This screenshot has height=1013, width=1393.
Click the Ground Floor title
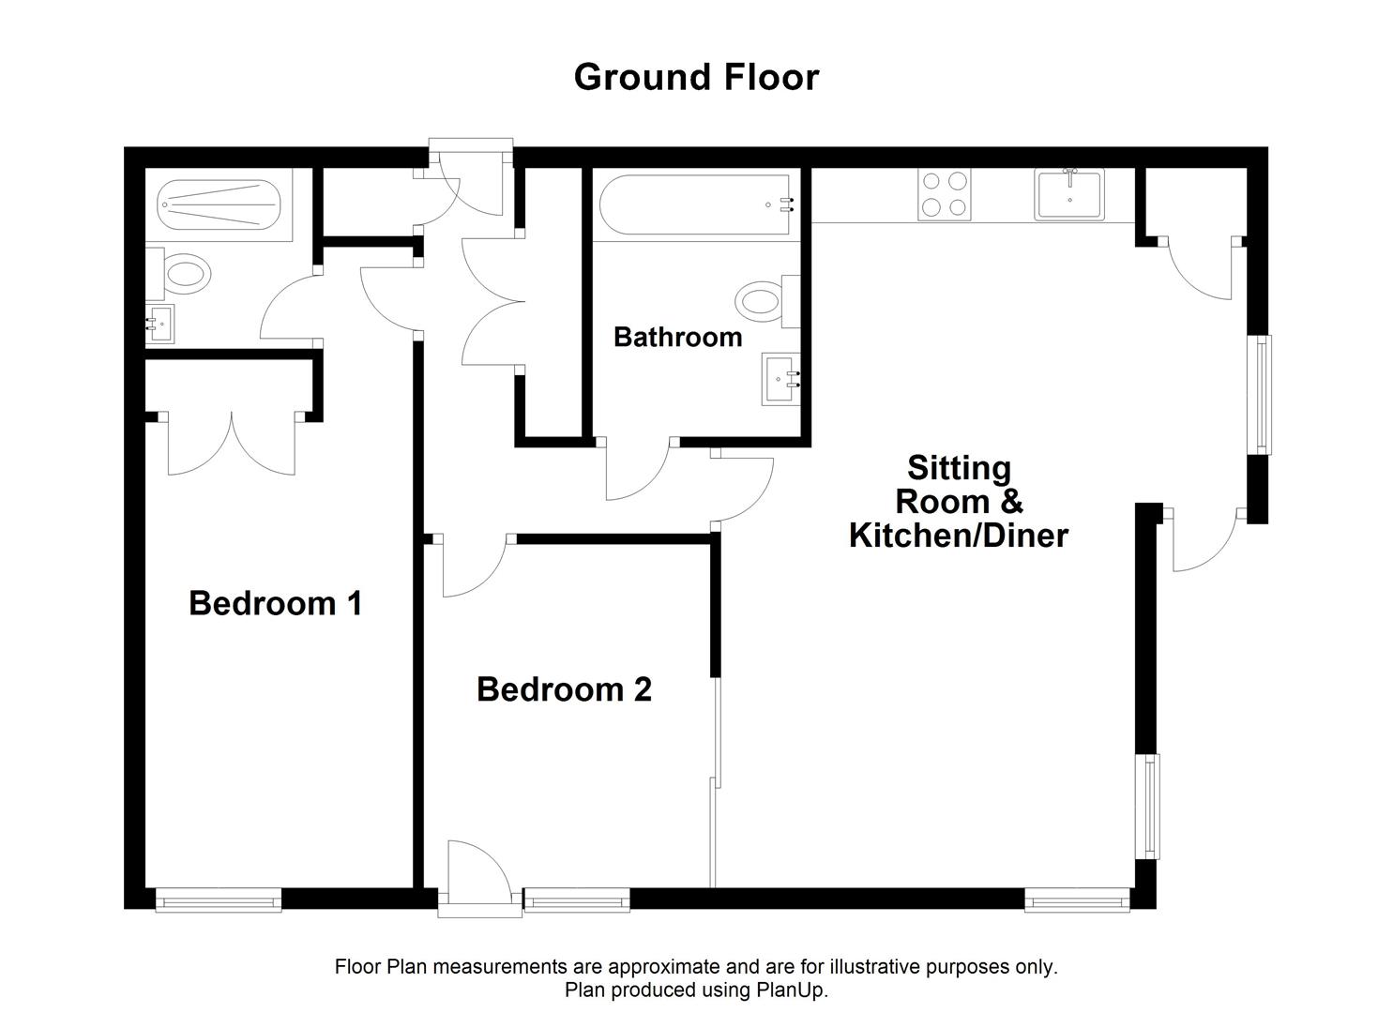click(x=696, y=77)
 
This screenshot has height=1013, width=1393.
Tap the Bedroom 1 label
click(x=275, y=602)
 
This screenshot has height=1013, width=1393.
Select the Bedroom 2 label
click(x=564, y=689)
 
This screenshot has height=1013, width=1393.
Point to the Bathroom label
click(x=677, y=337)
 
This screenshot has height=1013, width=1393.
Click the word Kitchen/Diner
click(x=958, y=536)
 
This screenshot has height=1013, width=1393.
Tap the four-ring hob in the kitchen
click(x=945, y=194)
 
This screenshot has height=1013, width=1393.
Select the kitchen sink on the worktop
click(x=1069, y=194)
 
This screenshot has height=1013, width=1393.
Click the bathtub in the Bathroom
click(x=694, y=204)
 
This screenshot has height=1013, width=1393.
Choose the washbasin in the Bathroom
click(x=780, y=379)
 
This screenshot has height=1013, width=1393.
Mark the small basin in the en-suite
click(x=159, y=325)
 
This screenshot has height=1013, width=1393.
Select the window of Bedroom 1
click(x=219, y=901)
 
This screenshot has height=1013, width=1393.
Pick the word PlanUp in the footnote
click(x=790, y=990)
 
